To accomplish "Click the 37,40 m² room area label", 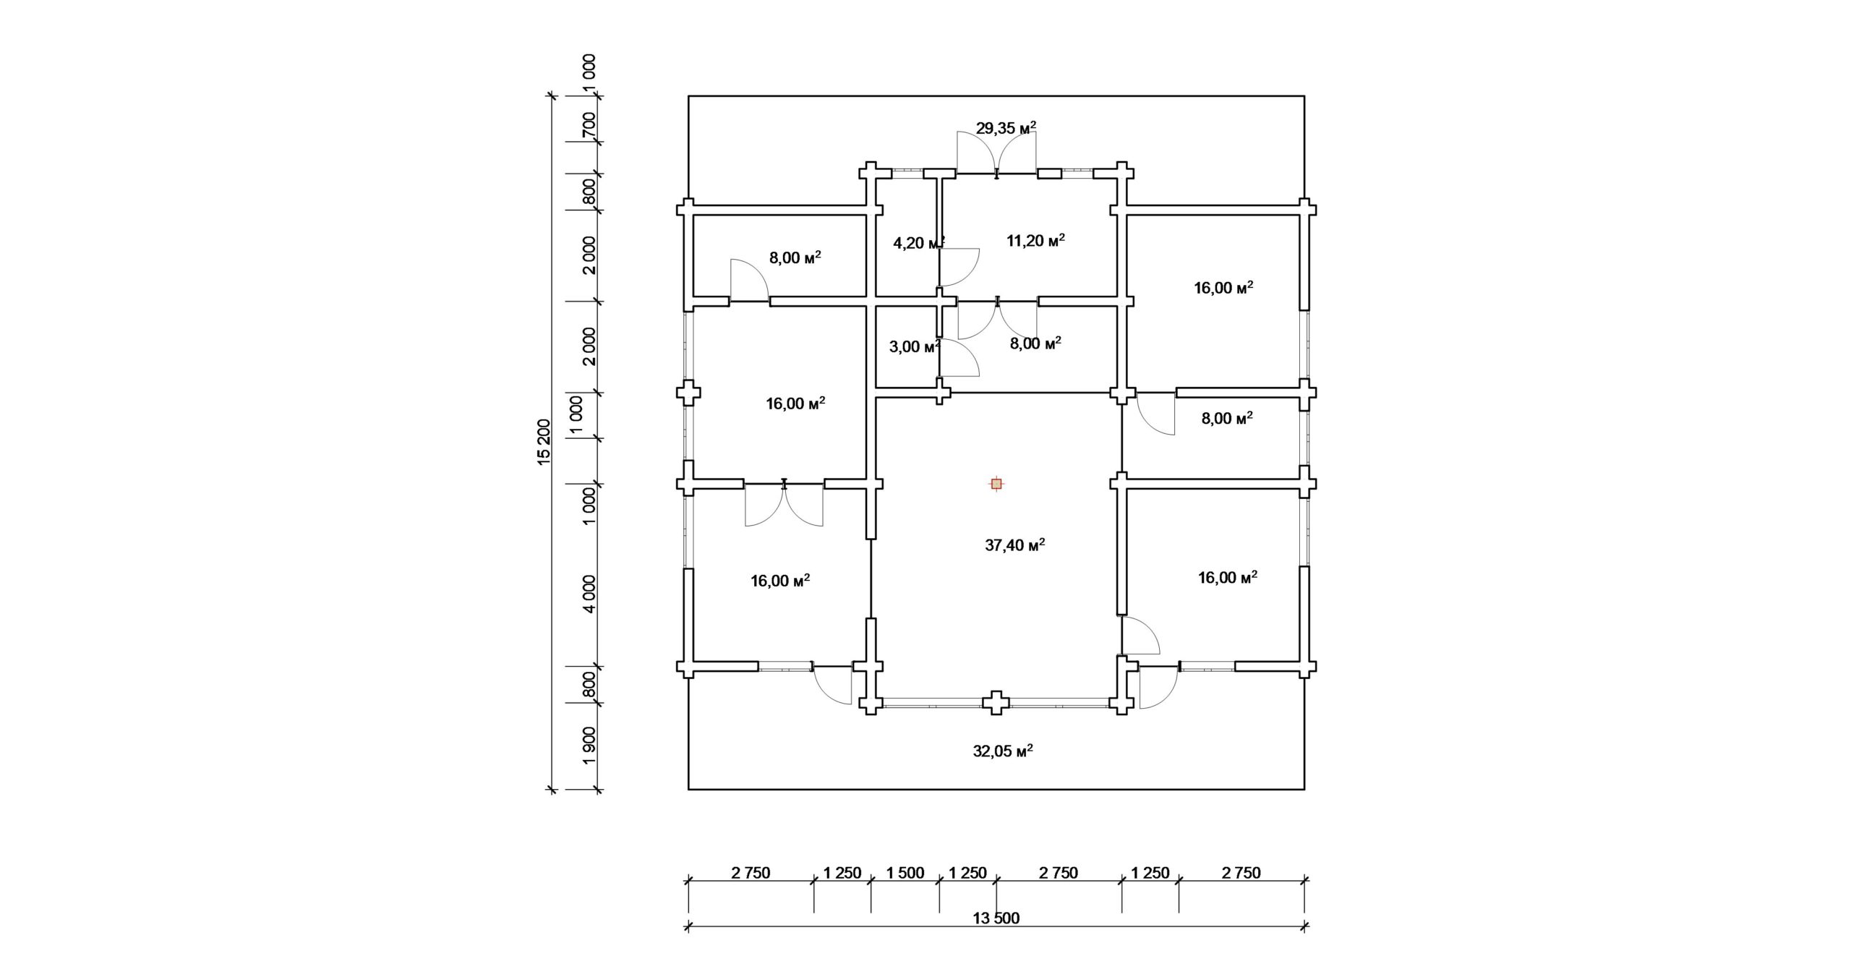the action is click(1015, 545).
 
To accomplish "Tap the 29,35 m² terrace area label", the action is click(1006, 129).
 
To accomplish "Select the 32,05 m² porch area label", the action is click(1002, 751).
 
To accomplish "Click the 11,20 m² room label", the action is click(1036, 241).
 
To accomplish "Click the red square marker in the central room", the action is click(996, 484).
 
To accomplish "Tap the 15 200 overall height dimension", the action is click(544, 442).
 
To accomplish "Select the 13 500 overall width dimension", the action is click(996, 918).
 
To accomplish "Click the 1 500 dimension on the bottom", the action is click(905, 873).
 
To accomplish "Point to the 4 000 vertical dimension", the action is click(590, 594).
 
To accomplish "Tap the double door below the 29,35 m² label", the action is click(996, 154).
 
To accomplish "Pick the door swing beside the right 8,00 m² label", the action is click(1155, 414).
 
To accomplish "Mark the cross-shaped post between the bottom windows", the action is click(996, 701).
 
